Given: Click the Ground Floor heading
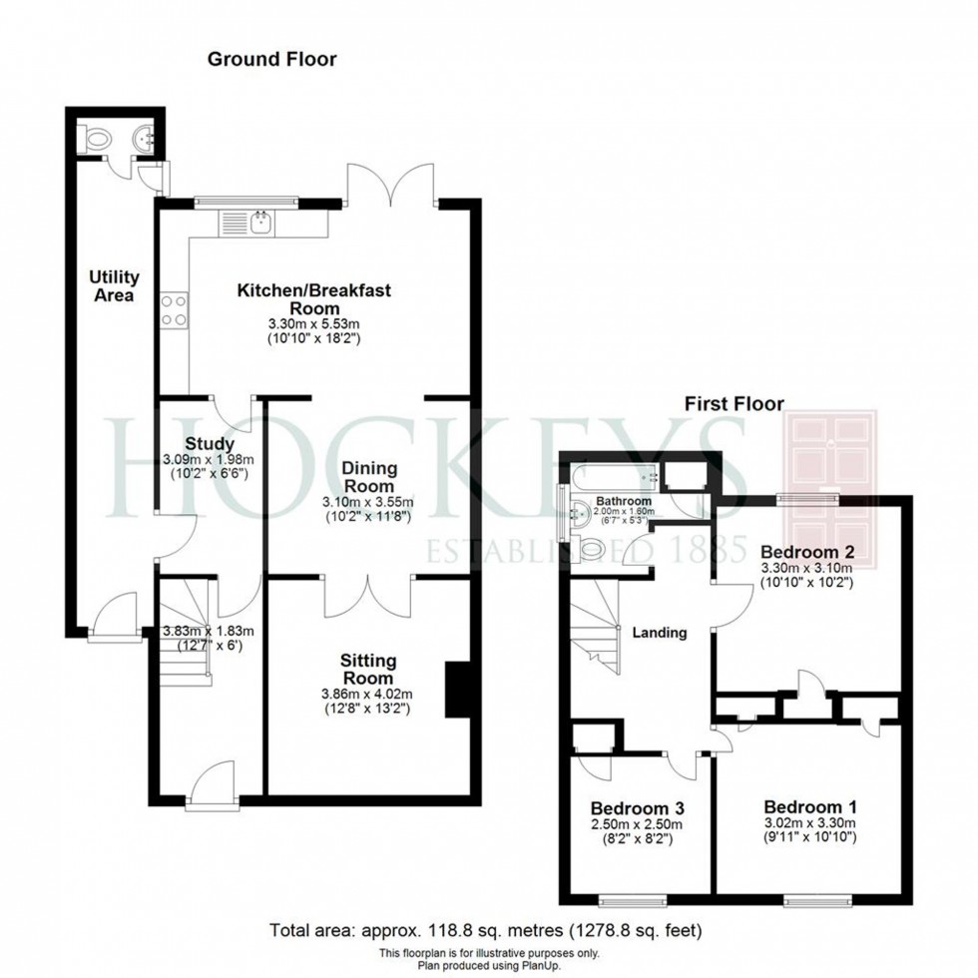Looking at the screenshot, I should [271, 59].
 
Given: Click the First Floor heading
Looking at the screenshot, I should [733, 404].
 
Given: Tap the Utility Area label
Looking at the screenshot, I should [114, 285].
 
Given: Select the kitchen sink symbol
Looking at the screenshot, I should [261, 222].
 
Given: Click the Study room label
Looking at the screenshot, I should [210, 444].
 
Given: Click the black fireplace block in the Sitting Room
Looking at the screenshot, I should [457, 689].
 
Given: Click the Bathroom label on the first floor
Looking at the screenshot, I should [624, 501].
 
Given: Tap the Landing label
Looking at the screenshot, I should [659, 632].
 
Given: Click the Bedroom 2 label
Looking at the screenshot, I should [805, 551].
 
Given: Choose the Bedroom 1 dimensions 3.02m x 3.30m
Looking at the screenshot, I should [810, 823].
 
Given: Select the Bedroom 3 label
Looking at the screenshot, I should [636, 807].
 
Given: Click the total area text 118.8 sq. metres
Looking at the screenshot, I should [486, 930].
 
